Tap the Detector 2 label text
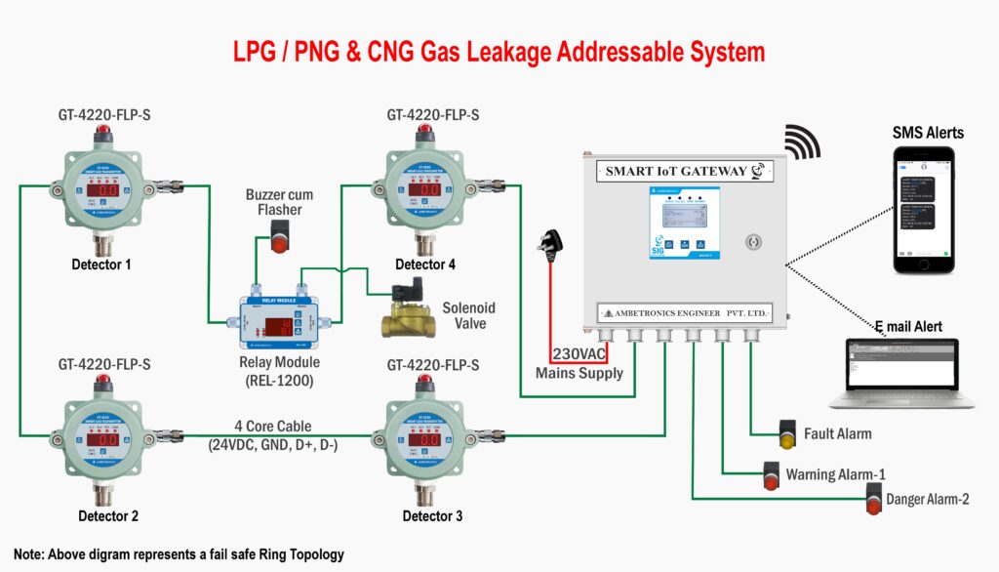pos(108,515)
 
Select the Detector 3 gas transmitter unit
pos(426,439)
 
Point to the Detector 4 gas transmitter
pos(426,190)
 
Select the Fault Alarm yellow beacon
pos(787,433)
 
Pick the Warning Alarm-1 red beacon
pos(771,475)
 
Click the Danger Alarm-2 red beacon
pos(871,502)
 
